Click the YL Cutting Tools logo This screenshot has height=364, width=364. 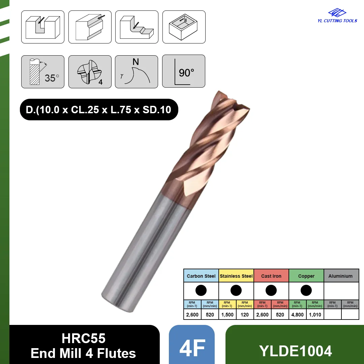(x=337, y=16)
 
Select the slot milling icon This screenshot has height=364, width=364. (x=43, y=27)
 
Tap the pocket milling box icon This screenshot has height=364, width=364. (x=184, y=27)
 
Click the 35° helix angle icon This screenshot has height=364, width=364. (x=43, y=72)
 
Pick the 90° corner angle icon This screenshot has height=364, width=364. (x=184, y=71)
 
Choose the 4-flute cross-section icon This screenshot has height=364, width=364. (x=90, y=72)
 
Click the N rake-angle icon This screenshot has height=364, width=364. (x=136, y=72)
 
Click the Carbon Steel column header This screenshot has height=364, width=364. (x=201, y=276)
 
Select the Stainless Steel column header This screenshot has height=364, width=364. (x=236, y=276)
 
